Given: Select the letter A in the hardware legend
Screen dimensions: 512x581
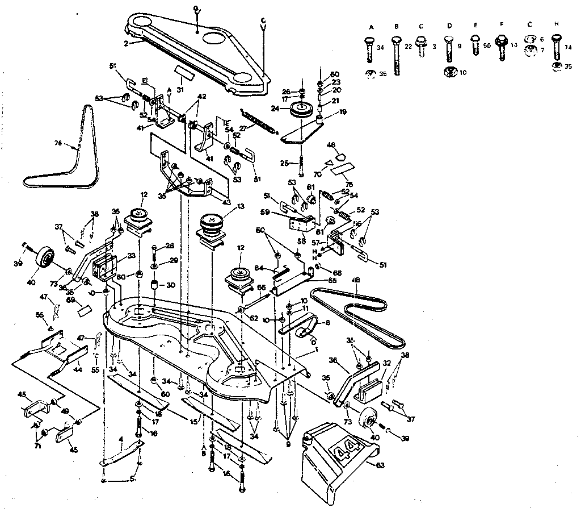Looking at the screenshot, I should (x=372, y=27).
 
